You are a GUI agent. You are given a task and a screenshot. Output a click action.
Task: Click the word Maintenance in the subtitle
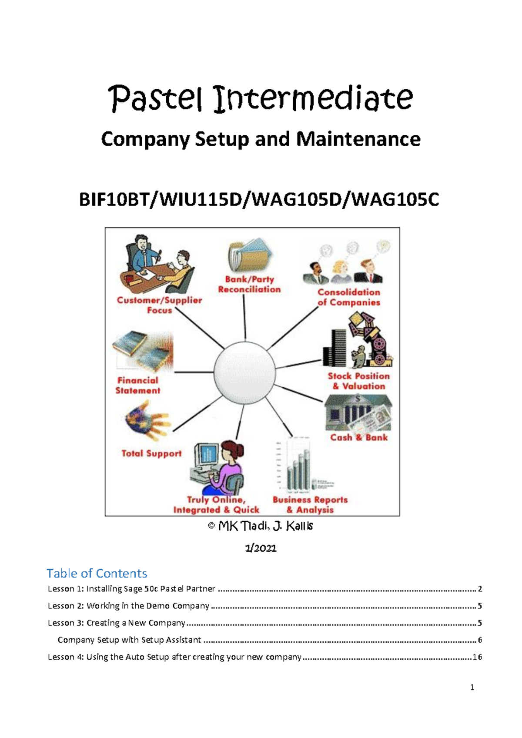click(358, 139)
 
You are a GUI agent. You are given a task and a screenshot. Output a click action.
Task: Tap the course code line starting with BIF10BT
click(259, 200)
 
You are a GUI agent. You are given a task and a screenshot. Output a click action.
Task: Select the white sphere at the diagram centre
click(245, 372)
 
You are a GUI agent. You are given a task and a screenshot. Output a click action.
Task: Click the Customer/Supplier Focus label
click(159, 305)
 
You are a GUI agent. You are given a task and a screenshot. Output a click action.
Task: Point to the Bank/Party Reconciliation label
click(249, 284)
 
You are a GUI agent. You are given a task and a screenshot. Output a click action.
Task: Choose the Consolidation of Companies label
click(349, 297)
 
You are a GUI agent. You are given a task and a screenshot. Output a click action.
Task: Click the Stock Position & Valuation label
click(358, 381)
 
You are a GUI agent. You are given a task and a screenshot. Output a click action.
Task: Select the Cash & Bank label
click(359, 437)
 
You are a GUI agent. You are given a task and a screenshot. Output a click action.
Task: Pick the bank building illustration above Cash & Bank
click(358, 413)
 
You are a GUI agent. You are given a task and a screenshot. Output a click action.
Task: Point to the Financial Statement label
click(137, 385)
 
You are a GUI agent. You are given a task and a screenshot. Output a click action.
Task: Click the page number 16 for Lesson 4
click(477, 657)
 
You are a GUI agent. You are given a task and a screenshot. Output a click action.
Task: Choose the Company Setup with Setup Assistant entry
click(129, 640)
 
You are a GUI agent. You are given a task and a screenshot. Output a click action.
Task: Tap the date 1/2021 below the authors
click(261, 548)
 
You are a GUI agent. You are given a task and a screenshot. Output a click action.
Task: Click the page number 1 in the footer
click(472, 687)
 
